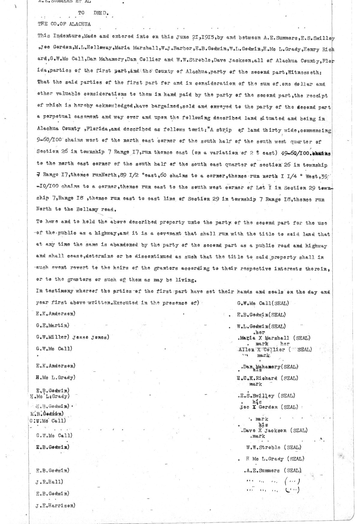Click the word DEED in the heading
point(99,13)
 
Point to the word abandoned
point(120,245)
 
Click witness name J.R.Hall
point(49,482)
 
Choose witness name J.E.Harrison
point(55,505)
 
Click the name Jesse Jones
point(92,337)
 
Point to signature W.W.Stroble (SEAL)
point(273,447)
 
